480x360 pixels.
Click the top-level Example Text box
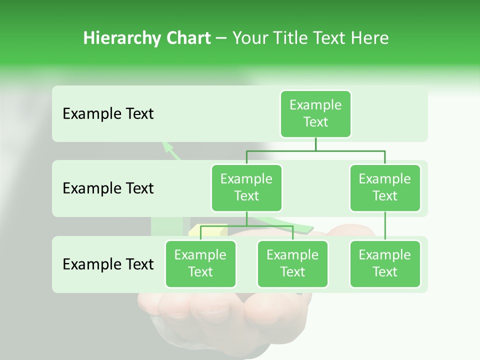315,113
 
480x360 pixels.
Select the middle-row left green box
246,187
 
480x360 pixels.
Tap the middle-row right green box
385,187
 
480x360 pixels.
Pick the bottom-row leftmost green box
200,263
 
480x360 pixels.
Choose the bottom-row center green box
292,263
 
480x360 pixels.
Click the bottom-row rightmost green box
385,263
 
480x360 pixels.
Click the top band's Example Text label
108,114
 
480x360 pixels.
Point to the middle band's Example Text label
108,188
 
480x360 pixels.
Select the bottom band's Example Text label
108,264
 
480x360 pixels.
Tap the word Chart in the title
186,38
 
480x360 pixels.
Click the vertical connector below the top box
315,144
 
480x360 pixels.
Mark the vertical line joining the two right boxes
385,226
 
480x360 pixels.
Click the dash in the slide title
221,38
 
